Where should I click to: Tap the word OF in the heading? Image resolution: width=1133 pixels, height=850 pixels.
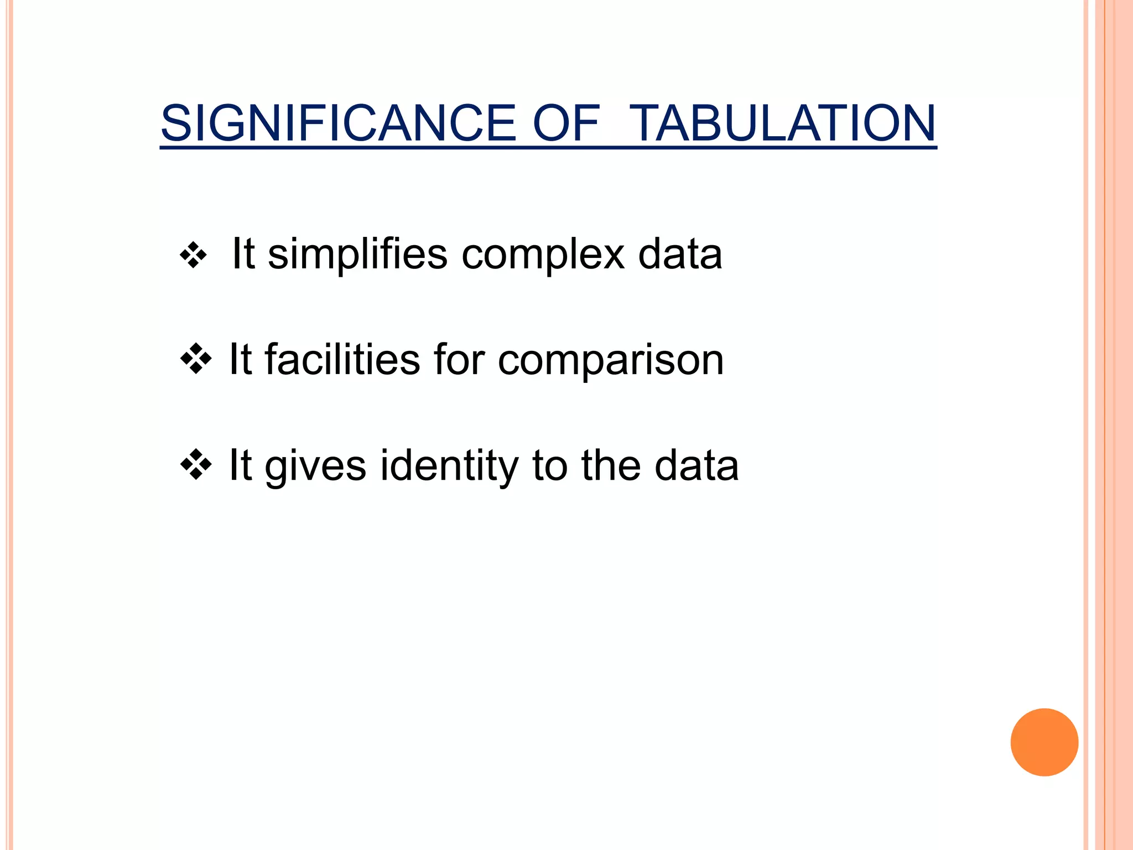(565, 123)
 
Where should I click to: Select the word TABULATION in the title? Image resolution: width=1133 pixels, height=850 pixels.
(782, 123)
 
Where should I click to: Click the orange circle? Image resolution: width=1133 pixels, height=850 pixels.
(1044, 742)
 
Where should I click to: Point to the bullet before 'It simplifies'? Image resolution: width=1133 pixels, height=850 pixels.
(193, 256)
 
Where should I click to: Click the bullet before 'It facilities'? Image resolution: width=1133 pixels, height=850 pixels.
(195, 360)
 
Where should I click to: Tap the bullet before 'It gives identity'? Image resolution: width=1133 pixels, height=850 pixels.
(195, 465)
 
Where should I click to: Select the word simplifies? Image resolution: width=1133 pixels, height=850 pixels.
(357, 255)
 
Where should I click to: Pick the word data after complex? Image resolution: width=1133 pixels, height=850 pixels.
(680, 255)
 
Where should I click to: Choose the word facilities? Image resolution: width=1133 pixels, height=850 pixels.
(342, 360)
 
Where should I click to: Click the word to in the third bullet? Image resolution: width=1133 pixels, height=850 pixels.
(550, 466)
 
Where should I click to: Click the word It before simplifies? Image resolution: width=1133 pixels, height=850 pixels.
(243, 255)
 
